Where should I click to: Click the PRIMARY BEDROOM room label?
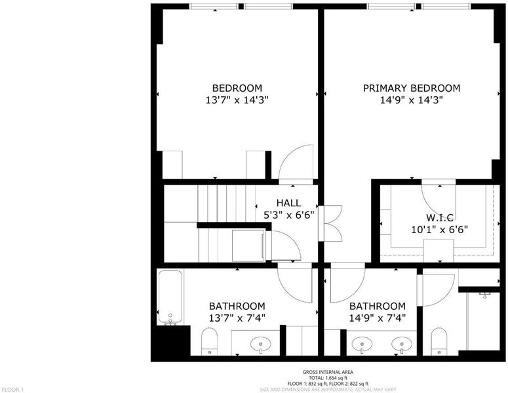412,88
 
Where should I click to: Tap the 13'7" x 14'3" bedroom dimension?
237,100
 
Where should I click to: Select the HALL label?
288,203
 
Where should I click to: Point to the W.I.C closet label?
439,217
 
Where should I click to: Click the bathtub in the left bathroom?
170,297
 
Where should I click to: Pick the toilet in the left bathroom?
209,341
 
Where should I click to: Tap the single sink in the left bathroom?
261,345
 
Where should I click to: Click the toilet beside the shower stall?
439,341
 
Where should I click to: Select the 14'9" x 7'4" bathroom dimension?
378,318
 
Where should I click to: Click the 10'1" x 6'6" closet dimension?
440,229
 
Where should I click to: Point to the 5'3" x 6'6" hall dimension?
288,215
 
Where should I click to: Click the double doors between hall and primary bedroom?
330,223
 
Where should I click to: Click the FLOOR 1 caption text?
12,390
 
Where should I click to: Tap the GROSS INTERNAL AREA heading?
328,372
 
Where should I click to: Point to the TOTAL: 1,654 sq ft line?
328,378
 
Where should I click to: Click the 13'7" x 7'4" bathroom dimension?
237,318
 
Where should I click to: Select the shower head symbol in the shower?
485,295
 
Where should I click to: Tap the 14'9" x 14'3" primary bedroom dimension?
412,100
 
